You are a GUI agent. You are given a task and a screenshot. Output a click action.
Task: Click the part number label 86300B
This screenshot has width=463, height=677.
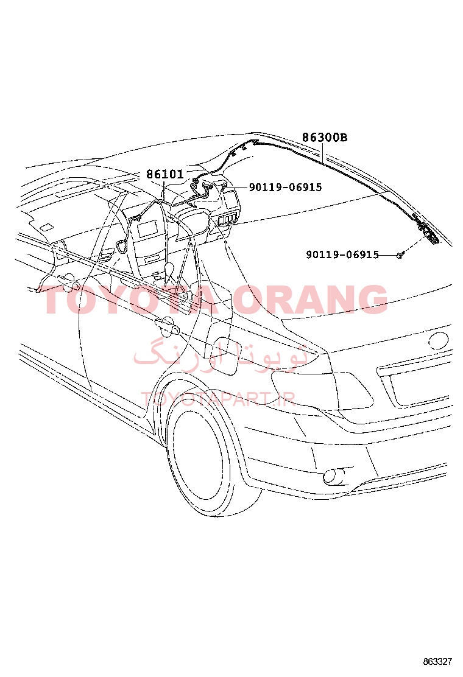point(324,138)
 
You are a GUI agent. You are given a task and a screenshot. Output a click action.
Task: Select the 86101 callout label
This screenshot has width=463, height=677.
point(165,174)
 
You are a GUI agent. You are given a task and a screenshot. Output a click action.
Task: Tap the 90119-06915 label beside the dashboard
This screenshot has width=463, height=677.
point(285,187)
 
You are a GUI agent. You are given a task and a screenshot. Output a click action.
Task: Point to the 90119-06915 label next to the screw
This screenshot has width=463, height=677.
point(342,254)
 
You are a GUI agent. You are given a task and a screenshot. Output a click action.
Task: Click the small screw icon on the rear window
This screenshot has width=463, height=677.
point(400,256)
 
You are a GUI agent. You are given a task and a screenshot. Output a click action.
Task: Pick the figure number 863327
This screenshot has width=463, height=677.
point(437,661)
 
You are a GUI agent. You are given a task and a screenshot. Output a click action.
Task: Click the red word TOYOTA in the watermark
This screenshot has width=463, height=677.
point(129,299)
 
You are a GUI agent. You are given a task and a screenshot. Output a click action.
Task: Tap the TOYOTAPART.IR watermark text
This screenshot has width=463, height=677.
point(218,399)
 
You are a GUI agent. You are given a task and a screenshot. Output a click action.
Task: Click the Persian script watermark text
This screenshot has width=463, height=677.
point(221,355)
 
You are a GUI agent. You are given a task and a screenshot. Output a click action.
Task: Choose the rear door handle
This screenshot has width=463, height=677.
point(166,326)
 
